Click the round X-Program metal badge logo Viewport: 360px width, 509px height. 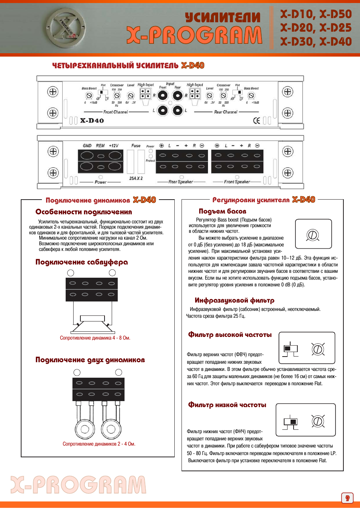click(66, 28)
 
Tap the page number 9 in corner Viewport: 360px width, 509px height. click(347, 498)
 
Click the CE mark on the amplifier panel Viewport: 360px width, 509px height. click(257, 121)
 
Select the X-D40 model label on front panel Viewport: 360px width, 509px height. click(92, 121)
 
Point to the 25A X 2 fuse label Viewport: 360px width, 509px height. click(136, 178)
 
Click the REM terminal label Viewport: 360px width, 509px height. click(100, 146)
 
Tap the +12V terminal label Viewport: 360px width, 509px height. click(114, 146)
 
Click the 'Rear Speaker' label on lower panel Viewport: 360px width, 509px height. click(180, 182)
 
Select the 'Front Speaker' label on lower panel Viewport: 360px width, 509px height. click(237, 182)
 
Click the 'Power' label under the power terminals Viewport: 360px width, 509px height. click(100, 182)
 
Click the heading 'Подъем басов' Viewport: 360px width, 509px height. click(222, 211)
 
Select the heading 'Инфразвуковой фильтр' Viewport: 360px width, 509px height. click(234, 300)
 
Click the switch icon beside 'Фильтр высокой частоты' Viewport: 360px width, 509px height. click(291, 349)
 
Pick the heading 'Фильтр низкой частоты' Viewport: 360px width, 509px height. click(227, 405)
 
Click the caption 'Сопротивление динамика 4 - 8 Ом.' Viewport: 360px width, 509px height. click(95, 338)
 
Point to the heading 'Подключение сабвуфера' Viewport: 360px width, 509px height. click(82, 262)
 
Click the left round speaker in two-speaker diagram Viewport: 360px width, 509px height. click(85, 429)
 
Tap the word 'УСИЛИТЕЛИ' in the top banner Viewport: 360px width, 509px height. click(223, 17)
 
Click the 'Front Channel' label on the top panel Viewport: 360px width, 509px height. click(115, 112)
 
